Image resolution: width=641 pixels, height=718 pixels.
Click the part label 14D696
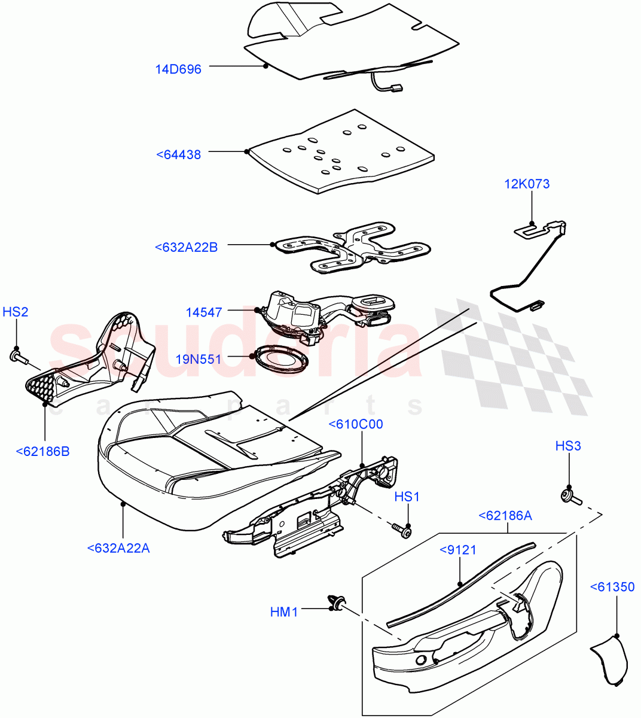click(x=178, y=69)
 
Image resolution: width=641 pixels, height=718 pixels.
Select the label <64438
click(x=178, y=154)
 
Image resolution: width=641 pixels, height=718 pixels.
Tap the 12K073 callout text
click(x=527, y=184)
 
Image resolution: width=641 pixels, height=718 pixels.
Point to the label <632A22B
click(x=186, y=247)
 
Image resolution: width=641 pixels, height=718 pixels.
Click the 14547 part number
click(x=203, y=312)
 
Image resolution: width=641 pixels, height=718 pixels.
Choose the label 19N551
click(x=198, y=359)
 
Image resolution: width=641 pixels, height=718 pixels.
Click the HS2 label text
click(x=16, y=312)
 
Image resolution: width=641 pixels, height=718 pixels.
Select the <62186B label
click(x=42, y=451)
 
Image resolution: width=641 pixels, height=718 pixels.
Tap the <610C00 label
click(x=355, y=424)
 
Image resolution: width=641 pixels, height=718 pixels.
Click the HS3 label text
click(x=567, y=446)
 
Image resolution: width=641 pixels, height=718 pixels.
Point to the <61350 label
click(x=612, y=587)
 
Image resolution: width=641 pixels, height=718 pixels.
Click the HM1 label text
click(x=283, y=611)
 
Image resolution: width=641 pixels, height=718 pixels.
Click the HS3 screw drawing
click(x=570, y=496)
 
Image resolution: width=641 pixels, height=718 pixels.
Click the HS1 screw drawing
click(x=402, y=530)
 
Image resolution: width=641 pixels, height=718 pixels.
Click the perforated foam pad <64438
click(x=341, y=153)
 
